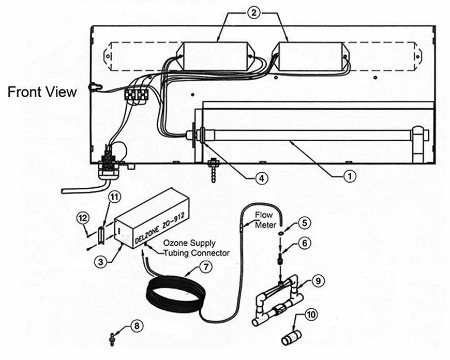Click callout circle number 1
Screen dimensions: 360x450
(350, 176)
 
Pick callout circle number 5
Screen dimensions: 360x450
(305, 223)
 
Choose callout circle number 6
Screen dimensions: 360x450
(305, 243)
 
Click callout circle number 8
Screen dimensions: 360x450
(137, 326)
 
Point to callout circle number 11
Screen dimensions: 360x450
(113, 197)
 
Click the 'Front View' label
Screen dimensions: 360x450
(42, 92)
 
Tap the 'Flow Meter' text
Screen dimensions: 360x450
(265, 219)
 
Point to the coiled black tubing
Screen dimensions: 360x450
(171, 297)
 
